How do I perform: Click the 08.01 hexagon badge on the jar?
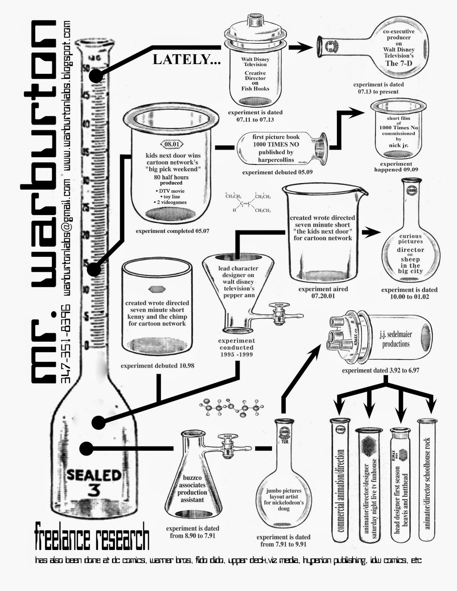pyautogui.click(x=172, y=144)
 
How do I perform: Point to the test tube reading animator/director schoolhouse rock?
pyautogui.click(x=427, y=480)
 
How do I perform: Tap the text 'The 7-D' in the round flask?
pyautogui.click(x=399, y=63)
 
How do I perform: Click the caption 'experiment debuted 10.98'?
pyautogui.click(x=157, y=366)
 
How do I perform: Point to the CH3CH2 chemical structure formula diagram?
pyautogui.click(x=248, y=202)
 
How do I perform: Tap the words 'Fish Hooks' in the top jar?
pyautogui.click(x=255, y=89)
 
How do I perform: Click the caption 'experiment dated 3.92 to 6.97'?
pyautogui.click(x=381, y=370)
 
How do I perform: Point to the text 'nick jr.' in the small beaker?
pyautogui.click(x=398, y=145)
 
